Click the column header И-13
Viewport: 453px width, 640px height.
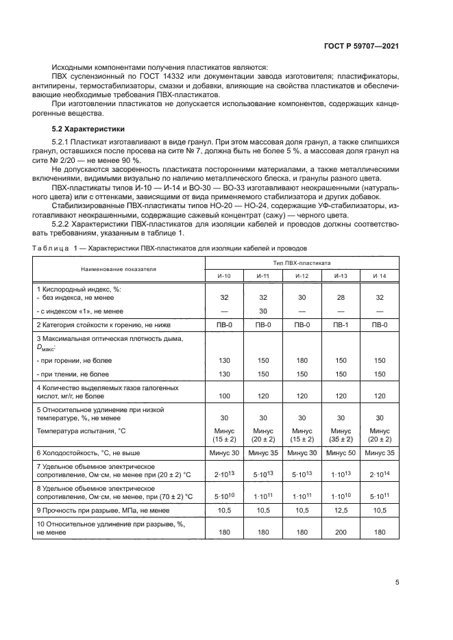coord(341,275)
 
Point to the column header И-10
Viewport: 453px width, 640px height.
coord(224,275)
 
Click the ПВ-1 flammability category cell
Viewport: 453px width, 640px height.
coord(341,324)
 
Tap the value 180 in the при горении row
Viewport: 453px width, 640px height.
coord(302,360)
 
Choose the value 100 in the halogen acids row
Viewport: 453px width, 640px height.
coord(224,396)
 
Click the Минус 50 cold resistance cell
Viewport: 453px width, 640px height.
coord(341,453)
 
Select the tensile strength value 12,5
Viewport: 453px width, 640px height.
coord(341,510)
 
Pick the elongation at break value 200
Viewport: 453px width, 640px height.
coord(341,532)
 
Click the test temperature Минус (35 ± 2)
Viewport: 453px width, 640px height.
coord(341,435)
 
